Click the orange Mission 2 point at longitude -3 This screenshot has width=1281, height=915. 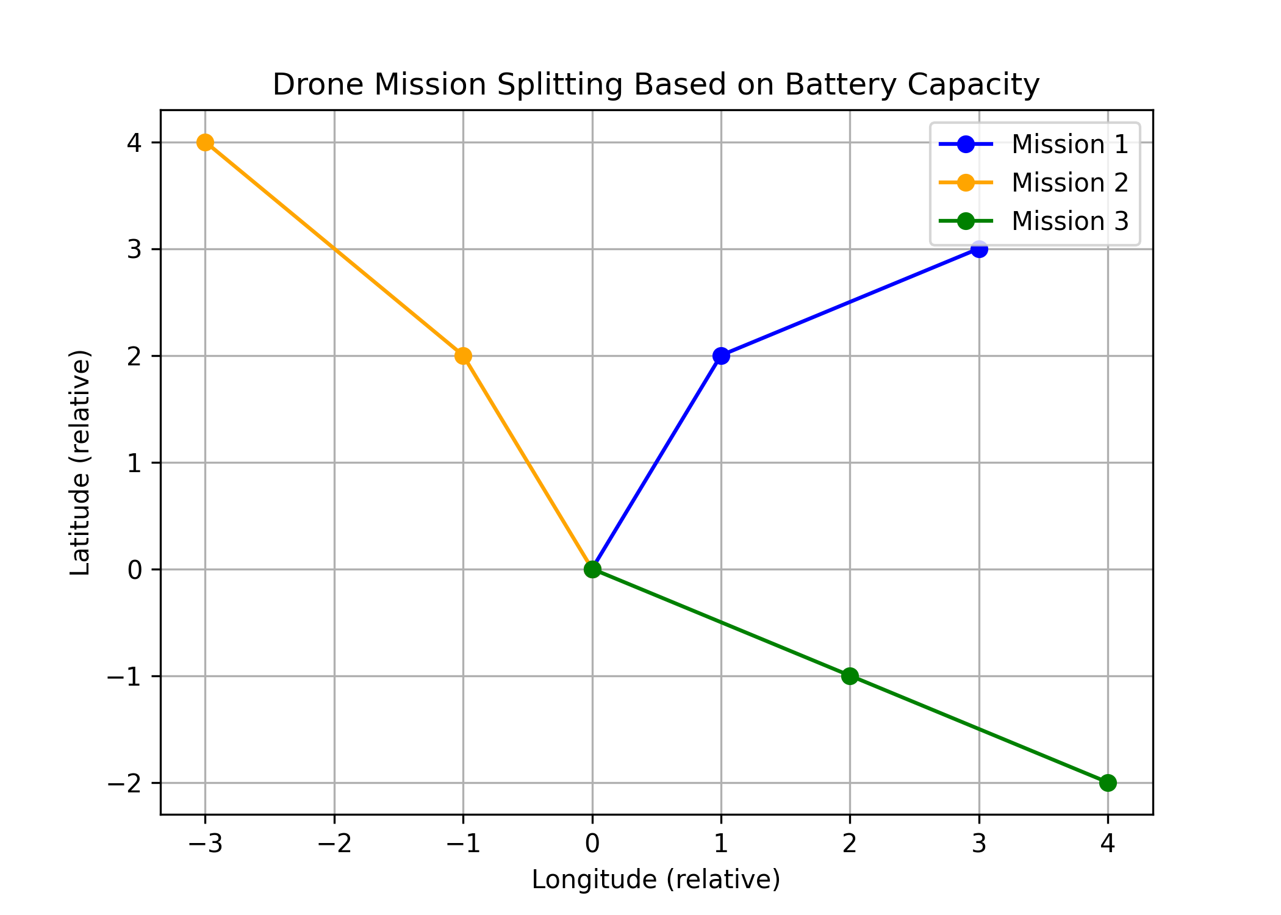205,142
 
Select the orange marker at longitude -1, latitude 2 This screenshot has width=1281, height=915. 463,356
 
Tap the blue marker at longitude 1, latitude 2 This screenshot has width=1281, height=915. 721,356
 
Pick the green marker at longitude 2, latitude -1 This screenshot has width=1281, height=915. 850,676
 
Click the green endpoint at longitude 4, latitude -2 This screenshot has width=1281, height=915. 1108,783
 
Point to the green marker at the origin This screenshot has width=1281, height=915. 592,569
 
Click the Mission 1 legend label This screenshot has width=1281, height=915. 1070,145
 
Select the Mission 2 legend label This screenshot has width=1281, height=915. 1070,182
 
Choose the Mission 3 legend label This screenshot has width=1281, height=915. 1070,221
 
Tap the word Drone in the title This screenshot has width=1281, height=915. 317,84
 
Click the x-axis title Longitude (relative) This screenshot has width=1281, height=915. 656,880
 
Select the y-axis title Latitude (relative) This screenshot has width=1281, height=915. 80,462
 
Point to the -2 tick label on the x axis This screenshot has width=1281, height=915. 334,844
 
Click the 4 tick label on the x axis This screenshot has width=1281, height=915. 1108,844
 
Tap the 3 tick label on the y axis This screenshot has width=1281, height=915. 134,249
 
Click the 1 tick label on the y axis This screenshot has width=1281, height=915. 134,463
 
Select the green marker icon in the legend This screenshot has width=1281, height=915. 966,221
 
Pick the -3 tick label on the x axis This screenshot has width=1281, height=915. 205,844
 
